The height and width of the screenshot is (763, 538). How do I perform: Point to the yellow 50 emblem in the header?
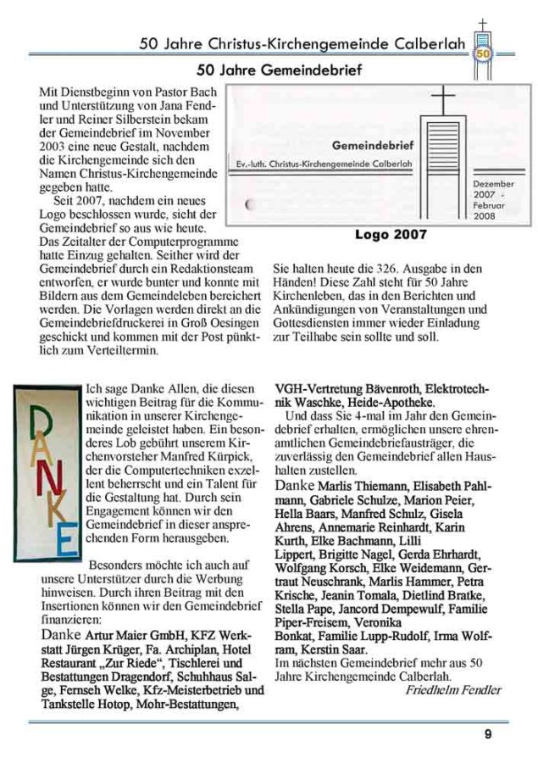pos(482,53)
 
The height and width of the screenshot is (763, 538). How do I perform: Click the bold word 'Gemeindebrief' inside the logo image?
pos(371,145)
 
